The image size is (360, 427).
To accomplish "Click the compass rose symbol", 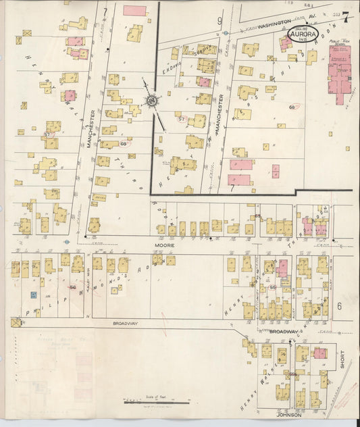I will [152, 101].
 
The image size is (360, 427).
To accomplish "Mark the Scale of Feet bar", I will [156, 403].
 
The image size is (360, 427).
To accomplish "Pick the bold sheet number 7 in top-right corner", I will [345, 15].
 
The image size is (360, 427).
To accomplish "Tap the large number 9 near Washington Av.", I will [220, 21].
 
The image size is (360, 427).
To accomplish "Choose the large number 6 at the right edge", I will [340, 305].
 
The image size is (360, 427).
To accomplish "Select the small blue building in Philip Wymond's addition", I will [32, 295].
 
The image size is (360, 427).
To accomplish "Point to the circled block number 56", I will [72, 288].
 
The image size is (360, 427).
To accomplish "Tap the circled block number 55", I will [273, 288].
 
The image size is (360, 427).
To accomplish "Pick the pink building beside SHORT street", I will [320, 353].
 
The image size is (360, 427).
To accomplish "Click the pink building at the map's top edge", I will [134, 10].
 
